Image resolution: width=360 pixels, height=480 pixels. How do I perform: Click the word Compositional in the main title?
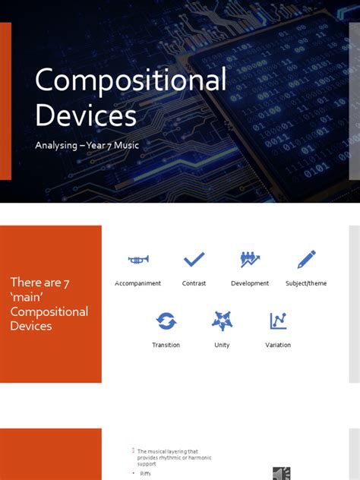point(131,81)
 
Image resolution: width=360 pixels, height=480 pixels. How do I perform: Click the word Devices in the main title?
point(86,115)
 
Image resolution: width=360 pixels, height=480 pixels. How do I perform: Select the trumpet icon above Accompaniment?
point(137,260)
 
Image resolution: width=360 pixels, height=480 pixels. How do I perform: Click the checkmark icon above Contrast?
point(194,260)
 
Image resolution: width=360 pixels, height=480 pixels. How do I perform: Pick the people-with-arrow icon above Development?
point(250,260)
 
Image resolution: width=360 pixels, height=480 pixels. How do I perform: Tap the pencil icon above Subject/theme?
point(306,260)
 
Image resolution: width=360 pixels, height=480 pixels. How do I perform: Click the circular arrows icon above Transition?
point(166,321)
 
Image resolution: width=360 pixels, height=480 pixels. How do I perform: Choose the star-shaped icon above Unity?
point(222,321)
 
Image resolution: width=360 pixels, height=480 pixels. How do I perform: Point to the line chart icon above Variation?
point(278,321)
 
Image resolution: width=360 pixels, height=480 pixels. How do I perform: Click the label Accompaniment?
point(137,283)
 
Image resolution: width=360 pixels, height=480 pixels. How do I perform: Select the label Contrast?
point(194,283)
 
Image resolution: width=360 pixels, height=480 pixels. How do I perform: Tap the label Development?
point(250,283)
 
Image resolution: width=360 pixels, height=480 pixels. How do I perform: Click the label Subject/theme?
point(306,283)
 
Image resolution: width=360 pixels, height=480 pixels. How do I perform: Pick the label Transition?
point(166,345)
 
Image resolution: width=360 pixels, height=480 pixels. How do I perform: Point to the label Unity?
point(222,345)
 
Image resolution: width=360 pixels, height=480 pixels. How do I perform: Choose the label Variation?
point(278,345)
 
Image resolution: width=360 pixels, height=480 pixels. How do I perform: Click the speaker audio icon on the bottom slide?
point(281,473)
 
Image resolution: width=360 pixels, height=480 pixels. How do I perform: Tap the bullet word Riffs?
point(146,473)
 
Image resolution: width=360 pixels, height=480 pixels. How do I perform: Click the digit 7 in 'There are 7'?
point(67,283)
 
